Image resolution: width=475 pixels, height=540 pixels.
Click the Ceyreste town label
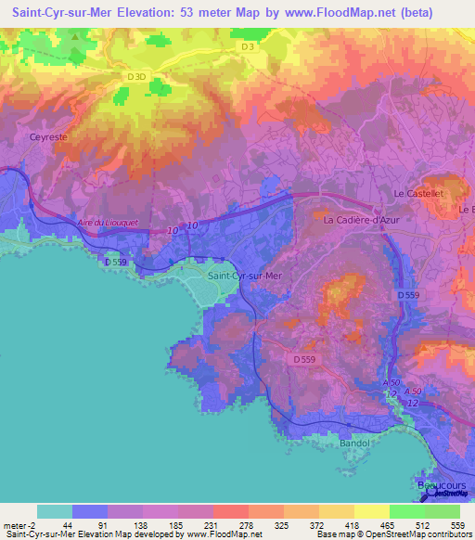(x=49, y=136)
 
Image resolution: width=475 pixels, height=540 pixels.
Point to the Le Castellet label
(x=416, y=193)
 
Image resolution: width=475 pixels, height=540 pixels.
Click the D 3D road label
(x=136, y=76)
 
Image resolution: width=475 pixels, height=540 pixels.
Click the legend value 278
(x=230, y=525)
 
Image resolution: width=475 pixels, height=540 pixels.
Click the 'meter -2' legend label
(x=19, y=525)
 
